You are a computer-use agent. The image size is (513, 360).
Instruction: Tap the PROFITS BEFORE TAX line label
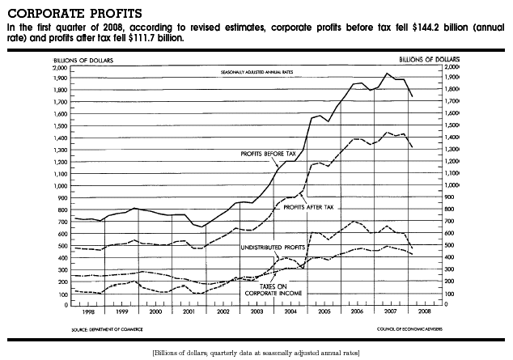(x=269, y=153)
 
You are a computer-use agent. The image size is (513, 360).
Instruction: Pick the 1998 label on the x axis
(x=87, y=311)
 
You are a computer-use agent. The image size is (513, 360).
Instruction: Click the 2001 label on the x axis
(x=188, y=311)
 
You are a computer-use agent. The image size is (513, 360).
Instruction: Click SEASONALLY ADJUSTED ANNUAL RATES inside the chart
(x=253, y=73)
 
